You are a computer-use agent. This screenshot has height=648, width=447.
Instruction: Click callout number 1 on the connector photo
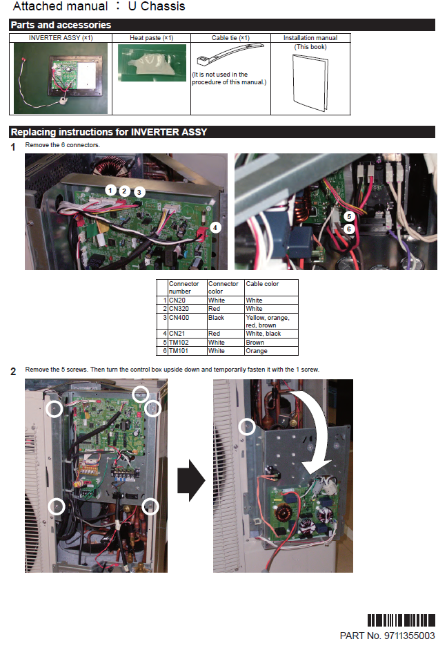coord(110,189)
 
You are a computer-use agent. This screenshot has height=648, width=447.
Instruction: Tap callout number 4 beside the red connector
coord(215,227)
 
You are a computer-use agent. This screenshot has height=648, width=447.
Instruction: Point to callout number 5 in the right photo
coord(350,216)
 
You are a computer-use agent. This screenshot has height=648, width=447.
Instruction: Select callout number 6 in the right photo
coord(350,229)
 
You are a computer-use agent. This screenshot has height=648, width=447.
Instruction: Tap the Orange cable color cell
coord(271,351)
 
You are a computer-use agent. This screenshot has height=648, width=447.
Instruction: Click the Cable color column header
coord(271,284)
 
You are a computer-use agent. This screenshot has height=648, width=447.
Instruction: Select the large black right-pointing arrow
coord(192,481)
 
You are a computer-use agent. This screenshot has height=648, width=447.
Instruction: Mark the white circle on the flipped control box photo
coord(246,426)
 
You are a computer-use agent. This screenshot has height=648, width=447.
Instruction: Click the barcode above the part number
coord(401,620)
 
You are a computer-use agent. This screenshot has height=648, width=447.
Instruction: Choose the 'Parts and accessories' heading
coord(61,25)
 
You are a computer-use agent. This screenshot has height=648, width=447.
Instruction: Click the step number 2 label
coord(13,372)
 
